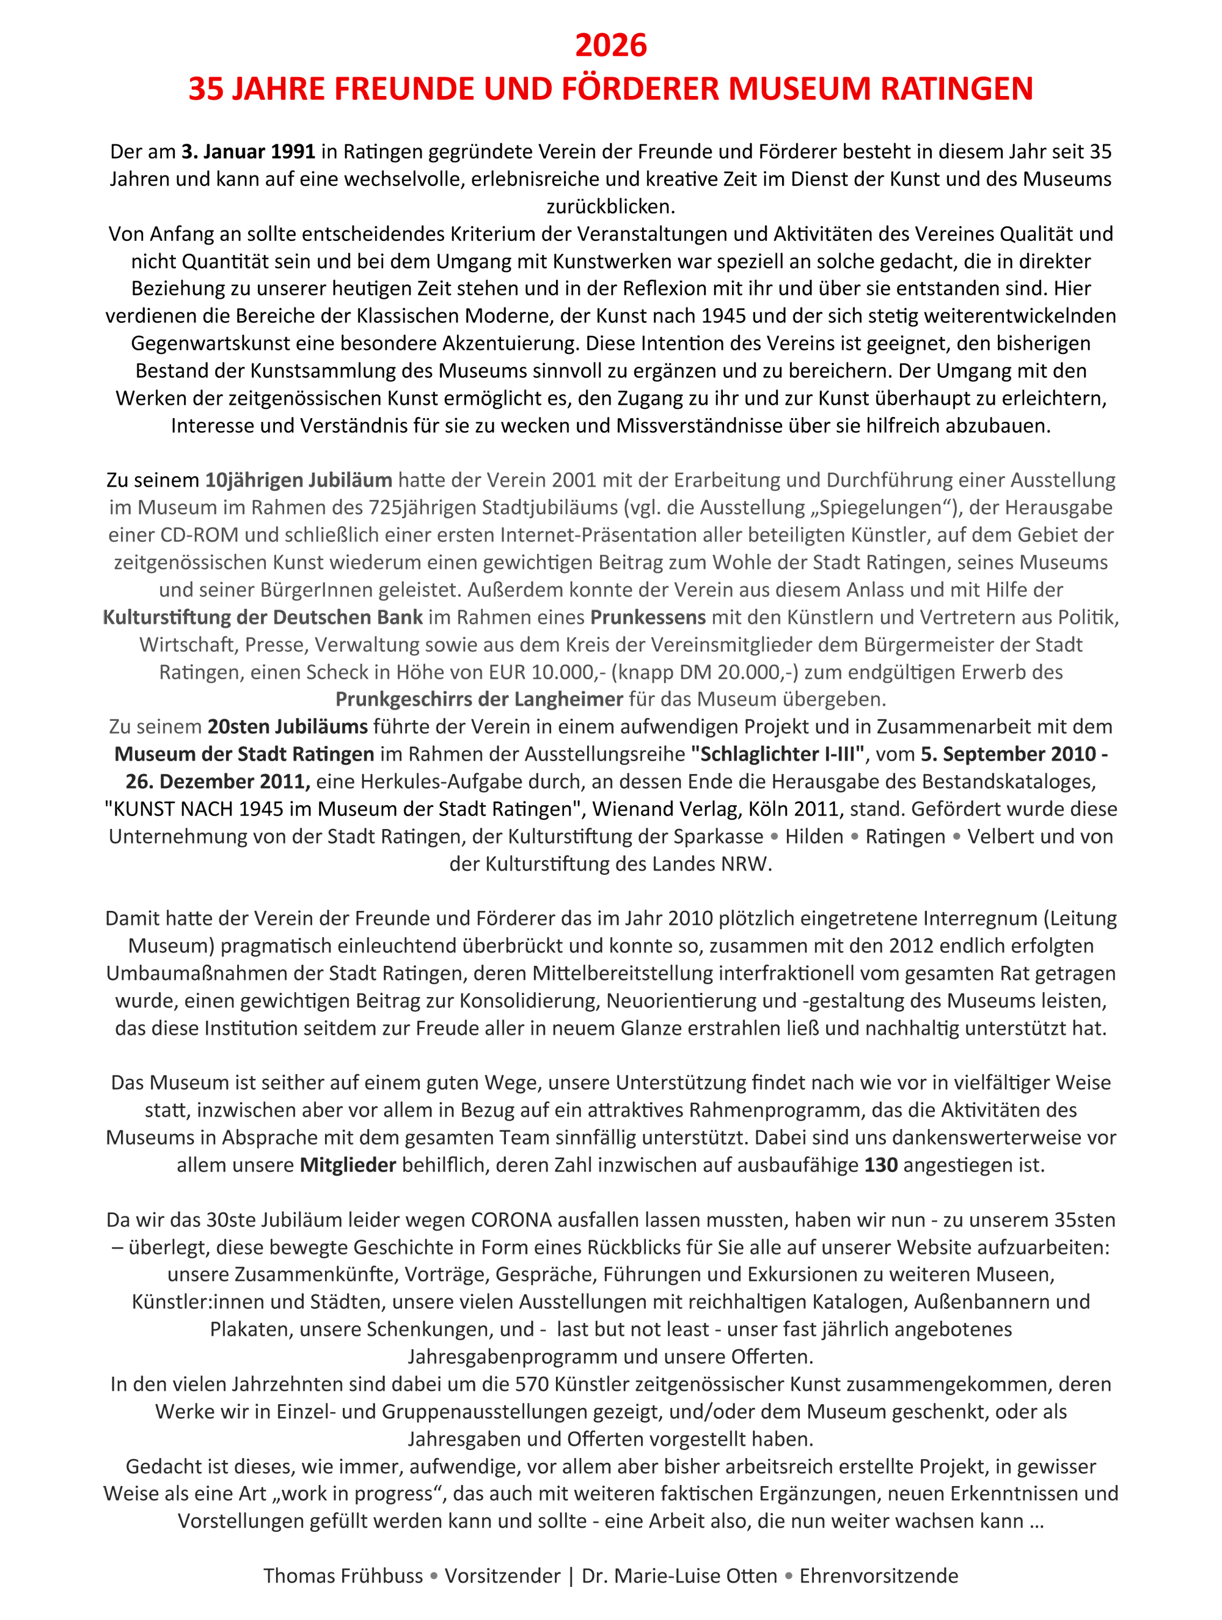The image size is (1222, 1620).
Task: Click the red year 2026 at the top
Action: [610, 45]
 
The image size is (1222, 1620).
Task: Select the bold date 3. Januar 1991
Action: [248, 152]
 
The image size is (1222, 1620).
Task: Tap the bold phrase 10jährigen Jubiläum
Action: [298, 480]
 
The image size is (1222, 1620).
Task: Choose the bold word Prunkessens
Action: [648, 617]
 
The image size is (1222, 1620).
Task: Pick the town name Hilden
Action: [814, 836]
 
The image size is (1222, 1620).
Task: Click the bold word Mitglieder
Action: [348, 1165]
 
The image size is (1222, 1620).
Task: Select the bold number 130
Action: [881, 1165]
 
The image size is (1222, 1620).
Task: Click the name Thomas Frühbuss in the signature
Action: [343, 1576]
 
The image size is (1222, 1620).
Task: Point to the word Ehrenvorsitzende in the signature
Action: [879, 1576]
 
